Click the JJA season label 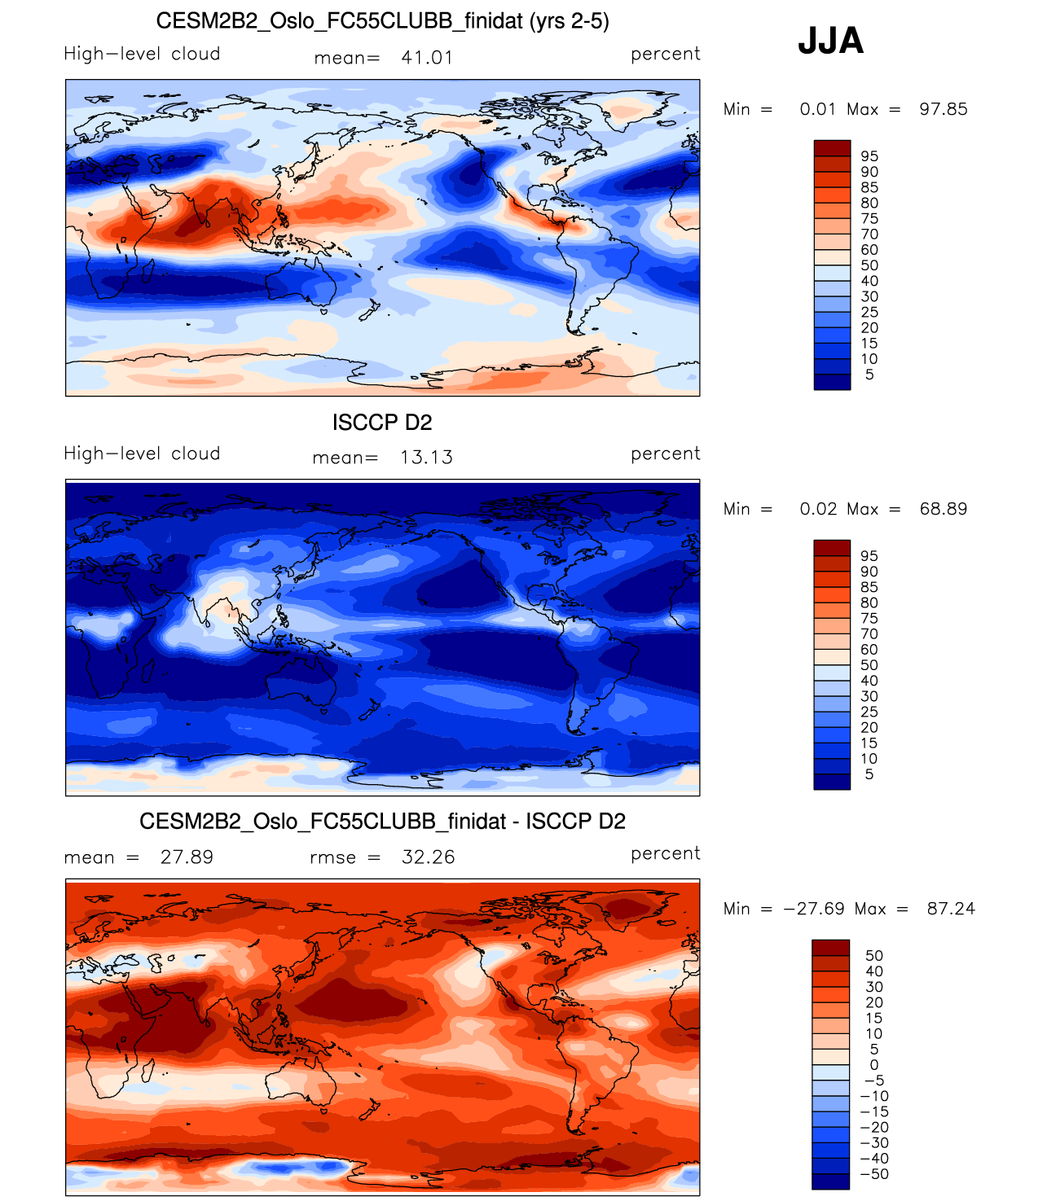[830, 41]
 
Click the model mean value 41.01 [426, 58]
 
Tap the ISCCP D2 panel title [382, 423]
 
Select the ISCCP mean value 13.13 [426, 458]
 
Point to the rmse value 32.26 [428, 857]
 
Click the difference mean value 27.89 [187, 857]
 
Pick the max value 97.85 [943, 109]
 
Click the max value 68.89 [943, 509]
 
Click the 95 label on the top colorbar [869, 156]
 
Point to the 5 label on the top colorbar [869, 375]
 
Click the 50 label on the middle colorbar [869, 665]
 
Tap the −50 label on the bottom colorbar [874, 1174]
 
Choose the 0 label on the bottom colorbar [874, 1065]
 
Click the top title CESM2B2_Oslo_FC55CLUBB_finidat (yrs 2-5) [382, 21]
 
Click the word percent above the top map [665, 54]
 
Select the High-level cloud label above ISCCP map [142, 454]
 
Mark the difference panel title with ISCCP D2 [382, 822]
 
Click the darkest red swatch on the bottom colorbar [830, 947]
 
